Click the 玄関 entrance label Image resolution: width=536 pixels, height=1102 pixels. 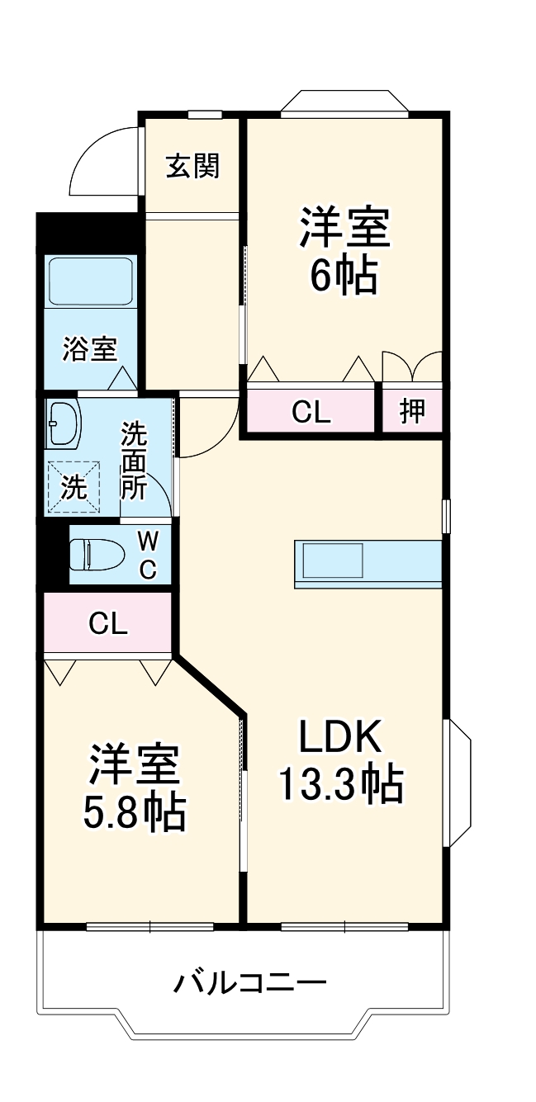[x=193, y=167]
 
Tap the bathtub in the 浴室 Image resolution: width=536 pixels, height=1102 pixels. [x=91, y=281]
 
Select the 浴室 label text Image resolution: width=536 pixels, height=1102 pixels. [x=89, y=349]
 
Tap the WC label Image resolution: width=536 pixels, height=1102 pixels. [x=147, y=555]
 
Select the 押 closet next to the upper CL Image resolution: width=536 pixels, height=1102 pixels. [x=412, y=410]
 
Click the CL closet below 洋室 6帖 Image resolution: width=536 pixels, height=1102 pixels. [x=311, y=410]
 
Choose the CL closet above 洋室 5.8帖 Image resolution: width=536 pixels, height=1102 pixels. [x=108, y=623]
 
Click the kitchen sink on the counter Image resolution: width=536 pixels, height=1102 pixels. [x=334, y=561]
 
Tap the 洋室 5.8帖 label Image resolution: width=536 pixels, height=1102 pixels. [x=134, y=788]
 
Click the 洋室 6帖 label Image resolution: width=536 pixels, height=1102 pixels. [x=344, y=252]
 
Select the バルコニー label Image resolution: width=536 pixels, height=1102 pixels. [x=250, y=983]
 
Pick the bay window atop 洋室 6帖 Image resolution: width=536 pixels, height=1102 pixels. [x=344, y=104]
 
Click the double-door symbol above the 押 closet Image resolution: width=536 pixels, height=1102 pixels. [x=412, y=366]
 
